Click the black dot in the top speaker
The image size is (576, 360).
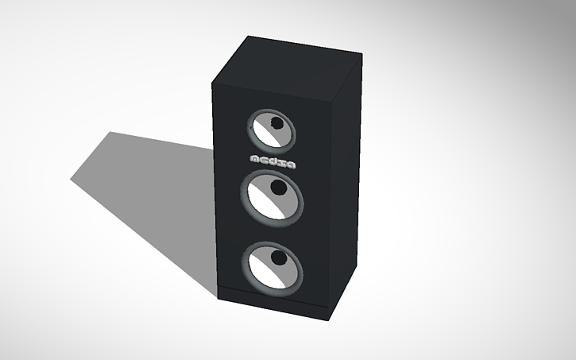276,123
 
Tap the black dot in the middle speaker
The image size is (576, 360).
278,188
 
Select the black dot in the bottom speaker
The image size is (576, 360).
278,258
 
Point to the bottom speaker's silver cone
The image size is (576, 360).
269,271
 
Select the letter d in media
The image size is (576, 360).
275,161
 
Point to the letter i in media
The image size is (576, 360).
283,162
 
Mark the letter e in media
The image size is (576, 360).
265,160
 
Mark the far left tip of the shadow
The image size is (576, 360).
72,179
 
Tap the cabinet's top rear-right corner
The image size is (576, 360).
362,54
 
